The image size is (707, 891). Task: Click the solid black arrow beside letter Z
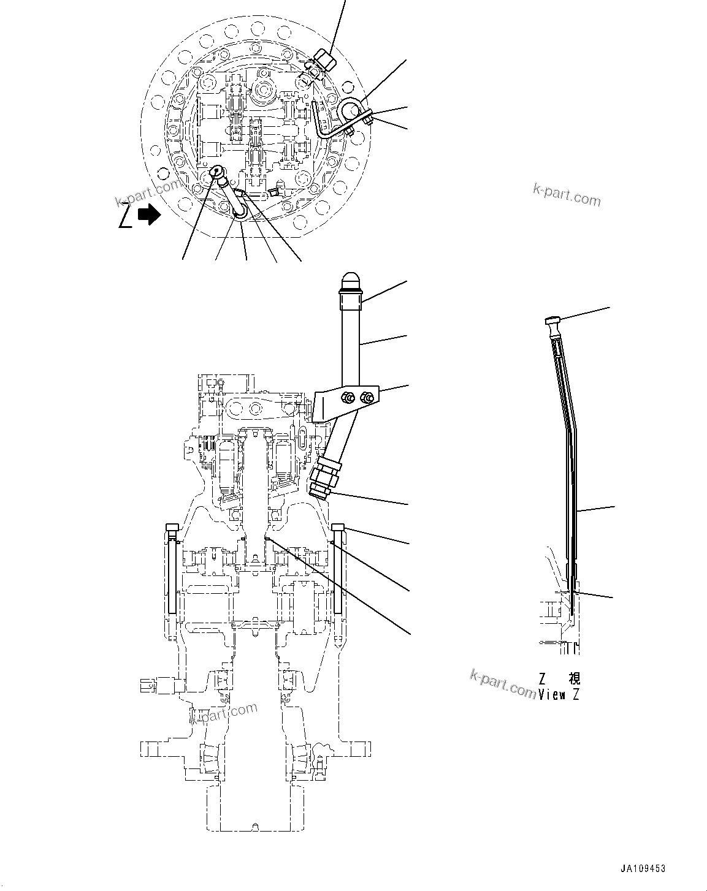[x=148, y=214]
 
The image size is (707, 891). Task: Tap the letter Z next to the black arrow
[x=125, y=216]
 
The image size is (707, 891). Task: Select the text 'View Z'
[x=559, y=695]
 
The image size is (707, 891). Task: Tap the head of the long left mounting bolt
[x=172, y=527]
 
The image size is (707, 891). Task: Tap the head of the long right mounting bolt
[x=339, y=527]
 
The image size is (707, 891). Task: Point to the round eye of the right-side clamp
[x=351, y=111]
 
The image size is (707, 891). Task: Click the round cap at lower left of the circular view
[x=218, y=175]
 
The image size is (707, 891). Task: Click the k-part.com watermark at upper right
[x=567, y=194]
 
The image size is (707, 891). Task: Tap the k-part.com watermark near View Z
[x=503, y=683]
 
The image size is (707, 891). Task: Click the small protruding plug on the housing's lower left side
[x=150, y=686]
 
